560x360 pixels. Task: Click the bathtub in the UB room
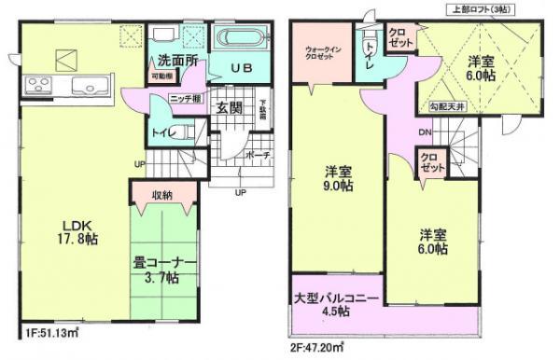(241, 40)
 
